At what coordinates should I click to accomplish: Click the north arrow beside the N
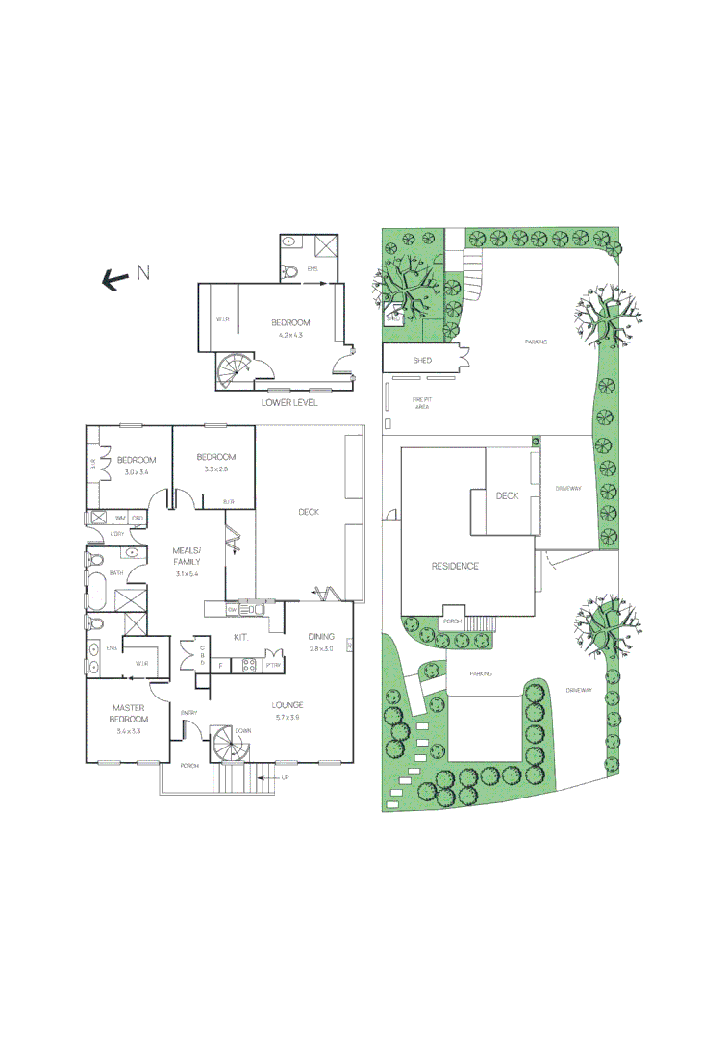(116, 279)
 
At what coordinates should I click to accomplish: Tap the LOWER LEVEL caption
(289, 402)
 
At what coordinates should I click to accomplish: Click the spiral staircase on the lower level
(235, 370)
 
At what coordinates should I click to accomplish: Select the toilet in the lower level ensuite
(291, 271)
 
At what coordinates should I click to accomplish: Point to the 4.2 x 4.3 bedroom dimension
(290, 335)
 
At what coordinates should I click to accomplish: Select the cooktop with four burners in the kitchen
(249, 664)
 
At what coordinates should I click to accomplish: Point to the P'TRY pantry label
(273, 665)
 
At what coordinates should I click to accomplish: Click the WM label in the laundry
(122, 519)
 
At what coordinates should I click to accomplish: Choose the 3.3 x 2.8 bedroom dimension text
(215, 469)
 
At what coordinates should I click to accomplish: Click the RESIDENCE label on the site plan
(454, 566)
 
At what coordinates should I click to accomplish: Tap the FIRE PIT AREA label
(421, 403)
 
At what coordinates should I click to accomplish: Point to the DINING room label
(321, 637)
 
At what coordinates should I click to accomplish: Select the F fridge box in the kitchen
(220, 665)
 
